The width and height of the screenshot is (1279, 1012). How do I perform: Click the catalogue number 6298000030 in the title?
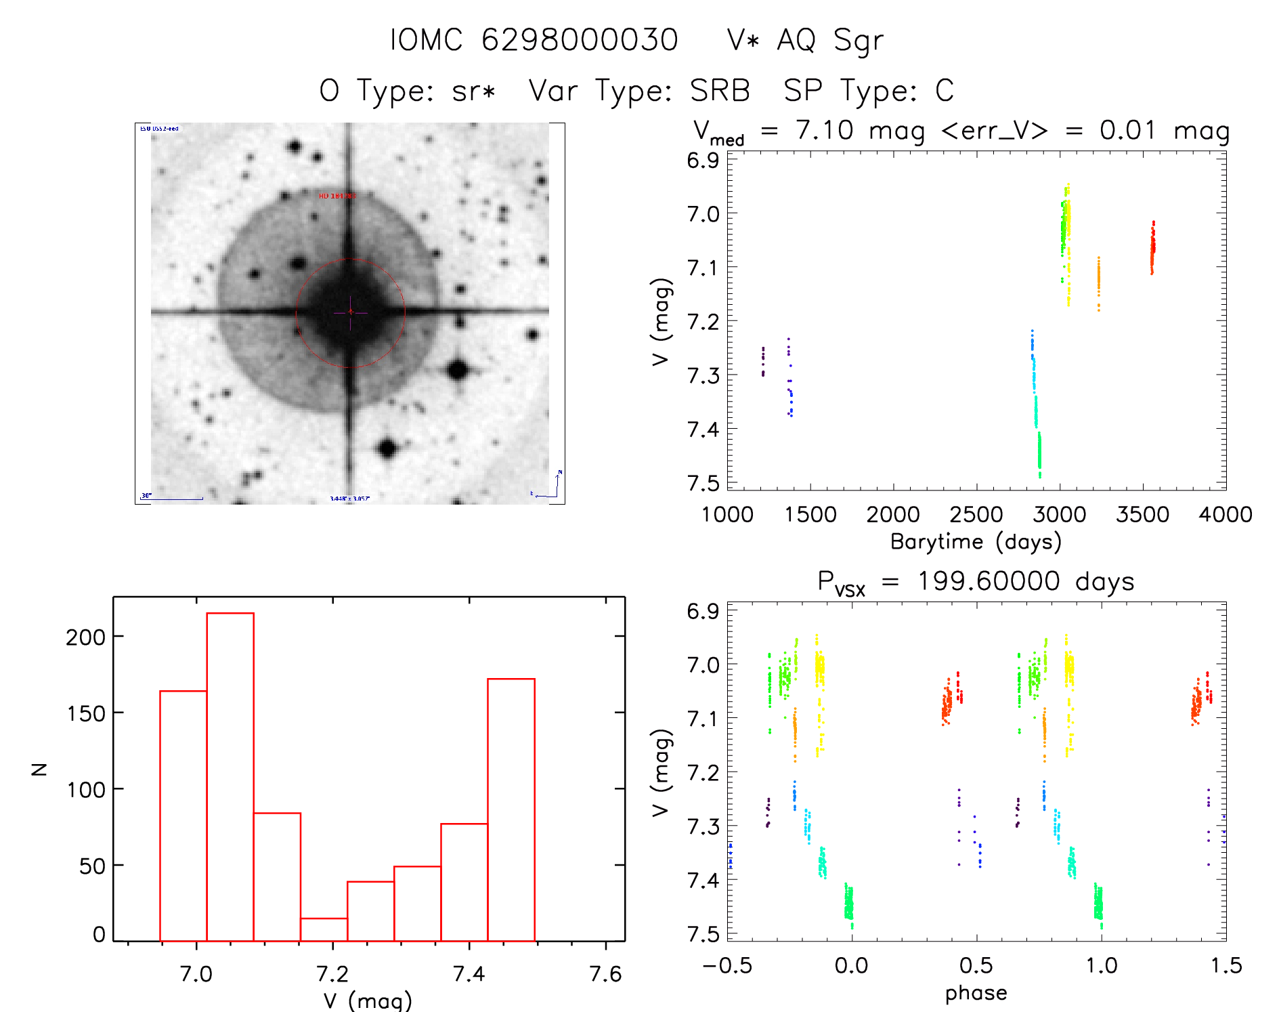[x=580, y=40]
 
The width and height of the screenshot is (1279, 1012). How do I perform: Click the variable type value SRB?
[x=720, y=91]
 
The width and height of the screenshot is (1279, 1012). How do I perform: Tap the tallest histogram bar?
[x=230, y=776]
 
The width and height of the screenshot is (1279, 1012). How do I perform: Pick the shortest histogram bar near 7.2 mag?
[x=324, y=929]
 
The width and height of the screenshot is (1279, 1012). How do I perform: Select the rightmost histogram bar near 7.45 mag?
[x=511, y=809]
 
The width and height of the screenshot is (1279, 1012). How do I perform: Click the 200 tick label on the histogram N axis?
[x=85, y=637]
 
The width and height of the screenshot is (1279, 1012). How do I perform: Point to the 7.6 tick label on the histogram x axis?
[x=605, y=974]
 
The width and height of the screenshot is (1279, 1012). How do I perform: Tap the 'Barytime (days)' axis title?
[x=976, y=542]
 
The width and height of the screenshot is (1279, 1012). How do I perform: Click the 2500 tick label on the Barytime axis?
[x=976, y=515]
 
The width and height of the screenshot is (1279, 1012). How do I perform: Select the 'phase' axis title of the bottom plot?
[x=976, y=993]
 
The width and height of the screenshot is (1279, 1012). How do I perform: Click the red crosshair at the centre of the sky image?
[x=350, y=312]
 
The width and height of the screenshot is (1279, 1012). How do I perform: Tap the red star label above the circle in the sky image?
[x=337, y=196]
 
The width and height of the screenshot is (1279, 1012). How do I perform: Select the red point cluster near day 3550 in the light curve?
[x=1152, y=248]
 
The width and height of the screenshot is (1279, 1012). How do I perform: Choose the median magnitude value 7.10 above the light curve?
[x=824, y=130]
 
